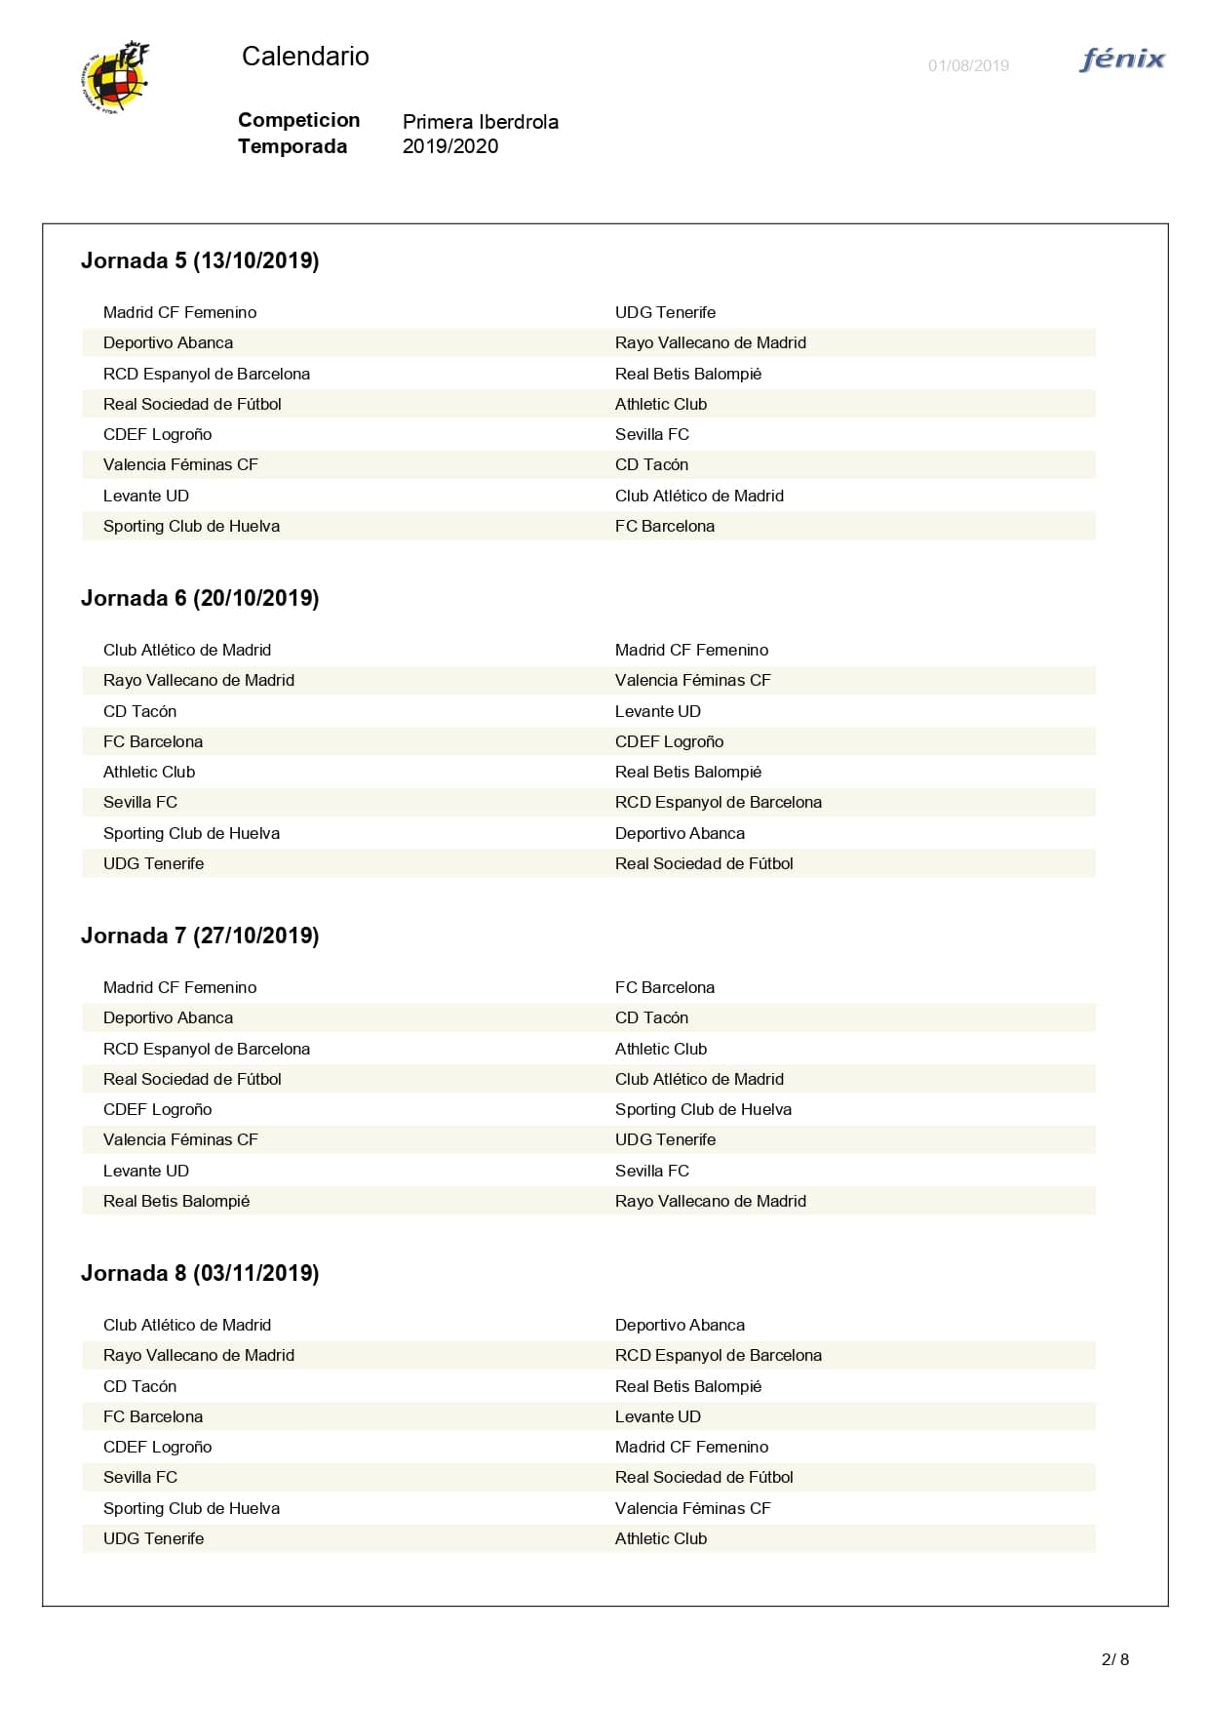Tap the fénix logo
1122,60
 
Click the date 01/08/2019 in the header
968,66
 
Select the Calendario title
305,57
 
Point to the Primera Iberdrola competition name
480,122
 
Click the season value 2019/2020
449,146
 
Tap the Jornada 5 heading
200,260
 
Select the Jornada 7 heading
200,936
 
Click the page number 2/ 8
1114,1659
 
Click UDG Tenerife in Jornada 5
665,312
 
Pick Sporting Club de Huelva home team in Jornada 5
191,526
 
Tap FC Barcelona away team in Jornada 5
664,526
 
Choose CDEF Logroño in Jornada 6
669,741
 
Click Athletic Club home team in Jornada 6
149,772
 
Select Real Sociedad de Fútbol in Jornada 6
703,863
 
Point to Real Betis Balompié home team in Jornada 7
176,1201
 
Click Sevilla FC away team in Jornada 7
651,1171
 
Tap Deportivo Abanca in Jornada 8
680,1325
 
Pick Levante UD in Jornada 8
657,1416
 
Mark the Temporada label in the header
292,146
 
